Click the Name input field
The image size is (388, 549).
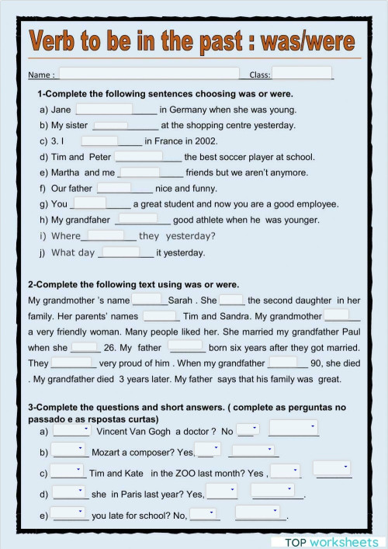[x=149, y=74]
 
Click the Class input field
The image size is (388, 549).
[x=301, y=74]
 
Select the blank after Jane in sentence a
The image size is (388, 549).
[x=105, y=109]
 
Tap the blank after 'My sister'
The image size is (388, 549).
[x=110, y=125]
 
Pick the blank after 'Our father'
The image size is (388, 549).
[x=114, y=188]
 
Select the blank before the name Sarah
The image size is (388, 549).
[x=147, y=300]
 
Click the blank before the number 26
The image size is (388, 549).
[x=85, y=348]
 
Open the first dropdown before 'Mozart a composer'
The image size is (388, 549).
[x=69, y=450]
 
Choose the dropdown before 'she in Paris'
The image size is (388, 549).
[x=69, y=492]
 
